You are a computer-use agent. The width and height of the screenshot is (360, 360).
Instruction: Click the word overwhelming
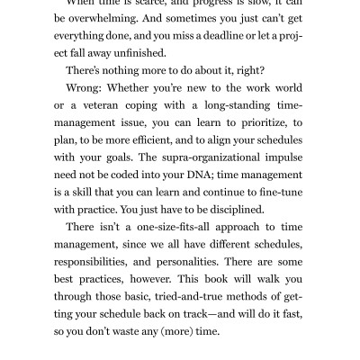(x=112, y=17)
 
